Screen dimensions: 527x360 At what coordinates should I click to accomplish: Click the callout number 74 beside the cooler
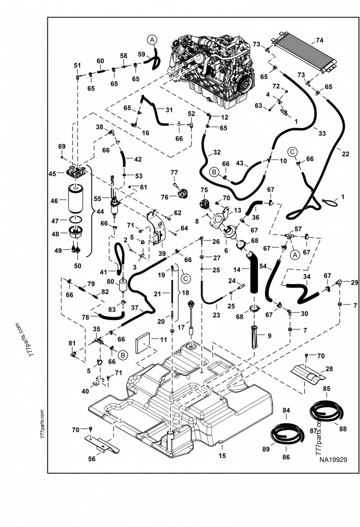click(320, 40)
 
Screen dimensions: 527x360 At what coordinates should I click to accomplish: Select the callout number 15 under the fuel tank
click(222, 456)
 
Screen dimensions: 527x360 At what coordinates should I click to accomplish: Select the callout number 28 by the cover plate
click(329, 369)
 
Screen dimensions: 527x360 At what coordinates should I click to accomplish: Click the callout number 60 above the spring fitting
click(100, 61)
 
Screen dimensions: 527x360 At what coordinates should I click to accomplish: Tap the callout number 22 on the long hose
click(346, 154)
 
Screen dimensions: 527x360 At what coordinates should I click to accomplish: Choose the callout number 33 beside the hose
click(322, 133)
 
